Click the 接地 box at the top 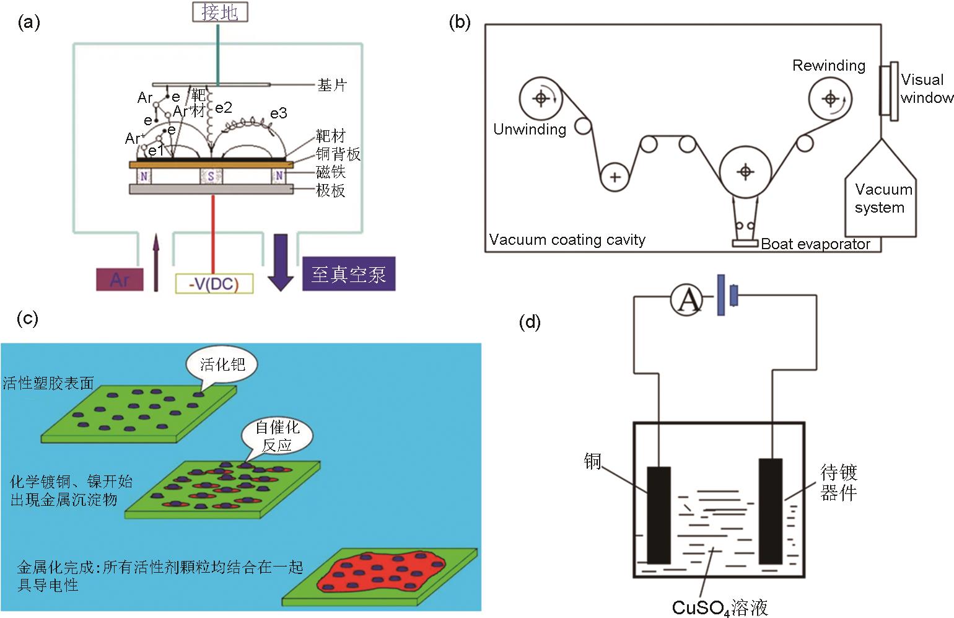[219, 12]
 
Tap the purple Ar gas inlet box [120, 280]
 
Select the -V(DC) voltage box [214, 283]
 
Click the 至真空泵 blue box [348, 274]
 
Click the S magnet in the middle [211, 177]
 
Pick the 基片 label [331, 85]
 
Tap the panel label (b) [459, 22]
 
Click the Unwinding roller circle [541, 98]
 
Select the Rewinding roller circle [830, 99]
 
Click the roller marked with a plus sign [615, 177]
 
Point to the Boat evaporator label [815, 244]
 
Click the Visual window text [926, 89]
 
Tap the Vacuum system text [883, 198]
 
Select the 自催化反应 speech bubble [277, 436]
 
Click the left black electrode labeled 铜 [659, 514]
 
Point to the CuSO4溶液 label [720, 607]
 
